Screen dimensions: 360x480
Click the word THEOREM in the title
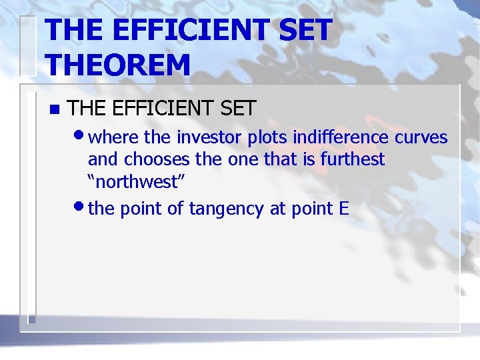point(118,65)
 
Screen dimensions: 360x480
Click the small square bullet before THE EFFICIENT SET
point(54,109)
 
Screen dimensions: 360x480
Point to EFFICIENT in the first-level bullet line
point(166,109)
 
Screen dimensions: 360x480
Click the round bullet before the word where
point(79,135)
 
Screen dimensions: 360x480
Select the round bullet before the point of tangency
point(79,207)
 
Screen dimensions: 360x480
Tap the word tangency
point(227,209)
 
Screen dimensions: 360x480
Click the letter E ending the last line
point(344,209)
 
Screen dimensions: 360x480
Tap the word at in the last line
point(278,209)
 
